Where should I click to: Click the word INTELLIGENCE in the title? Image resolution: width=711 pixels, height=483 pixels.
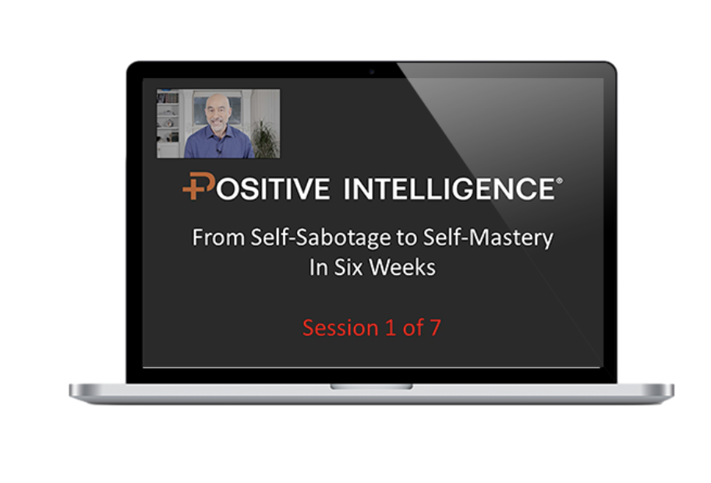coord(449,189)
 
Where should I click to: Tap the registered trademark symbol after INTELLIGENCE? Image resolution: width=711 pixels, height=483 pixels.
coord(559,181)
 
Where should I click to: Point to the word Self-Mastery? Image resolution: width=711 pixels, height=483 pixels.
coord(488,238)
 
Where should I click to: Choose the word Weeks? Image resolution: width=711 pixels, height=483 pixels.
coord(402,267)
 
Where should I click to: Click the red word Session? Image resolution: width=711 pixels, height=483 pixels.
coord(341,328)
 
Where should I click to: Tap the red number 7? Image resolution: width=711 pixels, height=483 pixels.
coord(435,328)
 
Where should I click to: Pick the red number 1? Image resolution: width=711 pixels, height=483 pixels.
coord(391,328)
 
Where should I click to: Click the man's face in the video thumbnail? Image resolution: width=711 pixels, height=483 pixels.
coord(218,113)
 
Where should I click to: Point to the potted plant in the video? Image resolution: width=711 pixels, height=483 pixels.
coord(264,138)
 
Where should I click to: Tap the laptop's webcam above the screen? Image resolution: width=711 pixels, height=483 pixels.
coord(372,72)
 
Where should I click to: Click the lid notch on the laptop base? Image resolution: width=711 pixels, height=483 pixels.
coord(371,386)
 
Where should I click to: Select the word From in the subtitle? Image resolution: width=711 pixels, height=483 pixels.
coord(218,238)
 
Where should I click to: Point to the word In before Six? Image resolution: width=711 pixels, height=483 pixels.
coord(319,267)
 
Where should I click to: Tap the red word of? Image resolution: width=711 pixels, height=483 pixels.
coord(413,328)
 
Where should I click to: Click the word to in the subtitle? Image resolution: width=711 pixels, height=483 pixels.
coord(407,238)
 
